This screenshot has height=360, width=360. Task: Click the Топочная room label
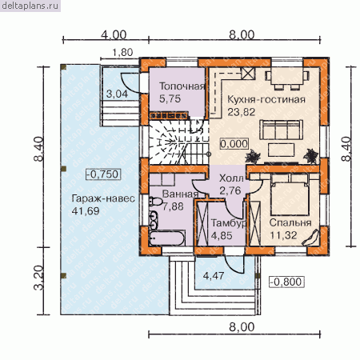click(182, 86)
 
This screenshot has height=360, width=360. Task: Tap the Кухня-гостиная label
click(266, 99)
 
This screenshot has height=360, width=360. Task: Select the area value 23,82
click(241, 112)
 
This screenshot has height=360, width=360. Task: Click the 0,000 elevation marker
click(234, 144)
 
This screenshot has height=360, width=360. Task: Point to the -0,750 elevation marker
click(103, 174)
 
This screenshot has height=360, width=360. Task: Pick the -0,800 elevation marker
click(286, 282)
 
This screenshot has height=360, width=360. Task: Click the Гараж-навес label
click(103, 198)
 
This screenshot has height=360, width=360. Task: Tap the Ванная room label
click(180, 194)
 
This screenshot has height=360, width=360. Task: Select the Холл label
click(231, 178)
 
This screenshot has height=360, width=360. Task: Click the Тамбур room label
click(228, 223)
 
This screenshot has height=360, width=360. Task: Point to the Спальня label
click(290, 222)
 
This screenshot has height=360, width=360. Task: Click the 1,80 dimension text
click(122, 53)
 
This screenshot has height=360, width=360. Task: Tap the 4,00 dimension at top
click(114, 35)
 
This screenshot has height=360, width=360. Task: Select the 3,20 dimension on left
click(39, 278)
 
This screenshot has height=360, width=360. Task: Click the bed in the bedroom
click(290, 194)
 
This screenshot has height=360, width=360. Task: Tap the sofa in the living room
click(281, 130)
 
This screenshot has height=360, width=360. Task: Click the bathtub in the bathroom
click(167, 238)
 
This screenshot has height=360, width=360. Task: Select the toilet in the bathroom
click(155, 202)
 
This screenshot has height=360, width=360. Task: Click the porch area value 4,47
click(214, 275)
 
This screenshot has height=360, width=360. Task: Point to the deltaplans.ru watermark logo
click(30, 6)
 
